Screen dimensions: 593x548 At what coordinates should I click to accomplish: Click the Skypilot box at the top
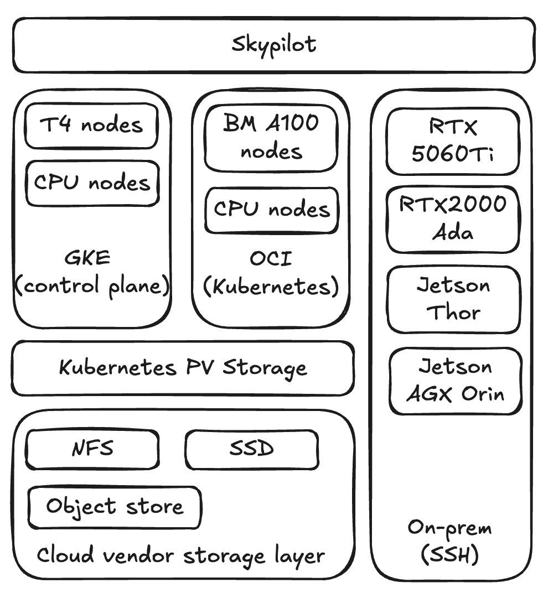coord(274,45)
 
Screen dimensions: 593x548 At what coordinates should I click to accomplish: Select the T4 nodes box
coord(91,126)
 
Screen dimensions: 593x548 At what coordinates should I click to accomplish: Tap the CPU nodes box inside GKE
coord(92,183)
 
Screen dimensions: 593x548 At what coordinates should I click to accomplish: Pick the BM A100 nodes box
coord(271,138)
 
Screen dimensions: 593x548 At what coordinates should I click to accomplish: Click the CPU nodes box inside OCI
coord(271,210)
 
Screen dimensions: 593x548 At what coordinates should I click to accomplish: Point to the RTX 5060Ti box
coord(453,141)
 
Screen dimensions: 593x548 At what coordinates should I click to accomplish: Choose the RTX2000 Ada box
coord(453,219)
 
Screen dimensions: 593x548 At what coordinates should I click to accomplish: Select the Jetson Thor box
coord(453,299)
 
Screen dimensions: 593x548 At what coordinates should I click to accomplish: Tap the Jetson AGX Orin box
coord(455,381)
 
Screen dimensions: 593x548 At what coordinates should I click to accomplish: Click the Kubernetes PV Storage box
coord(183,368)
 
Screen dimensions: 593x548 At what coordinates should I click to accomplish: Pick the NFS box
coord(92,449)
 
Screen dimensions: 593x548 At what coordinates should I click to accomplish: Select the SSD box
coord(252,449)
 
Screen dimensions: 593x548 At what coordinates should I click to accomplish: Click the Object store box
coord(115,507)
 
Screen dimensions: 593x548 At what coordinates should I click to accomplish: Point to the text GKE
coord(87,258)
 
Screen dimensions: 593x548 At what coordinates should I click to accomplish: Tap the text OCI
coord(271,258)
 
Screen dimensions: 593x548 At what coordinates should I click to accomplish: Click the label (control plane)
coord(92,286)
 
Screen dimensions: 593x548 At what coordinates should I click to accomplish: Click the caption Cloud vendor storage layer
coord(180,555)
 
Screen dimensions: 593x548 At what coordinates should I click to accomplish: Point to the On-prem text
coord(449,527)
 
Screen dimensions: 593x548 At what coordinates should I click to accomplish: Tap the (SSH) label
coord(449,555)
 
